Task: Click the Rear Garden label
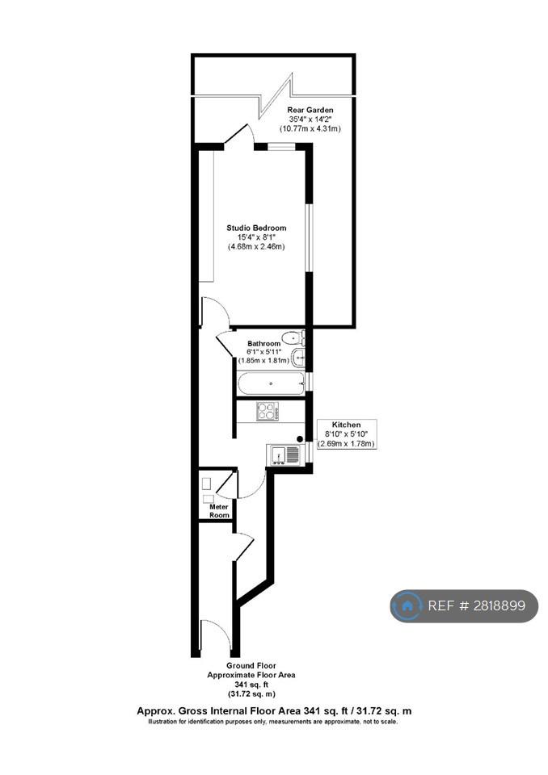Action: coord(310,110)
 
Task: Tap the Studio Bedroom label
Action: coord(256,228)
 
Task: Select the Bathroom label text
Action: coord(263,344)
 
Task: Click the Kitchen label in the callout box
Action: coord(346,425)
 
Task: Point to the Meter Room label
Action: coord(219,511)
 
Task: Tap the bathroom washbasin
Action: coord(298,358)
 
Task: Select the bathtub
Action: coord(270,383)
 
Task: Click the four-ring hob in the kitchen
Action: coord(268,411)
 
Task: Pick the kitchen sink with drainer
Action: coord(284,455)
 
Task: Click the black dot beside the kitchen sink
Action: coord(300,438)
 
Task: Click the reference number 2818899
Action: coord(499,605)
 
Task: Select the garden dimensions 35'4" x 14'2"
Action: coord(310,119)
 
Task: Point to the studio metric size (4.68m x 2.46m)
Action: coord(256,246)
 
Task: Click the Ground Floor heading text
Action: coord(251,666)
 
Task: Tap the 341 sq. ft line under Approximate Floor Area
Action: coord(251,685)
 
